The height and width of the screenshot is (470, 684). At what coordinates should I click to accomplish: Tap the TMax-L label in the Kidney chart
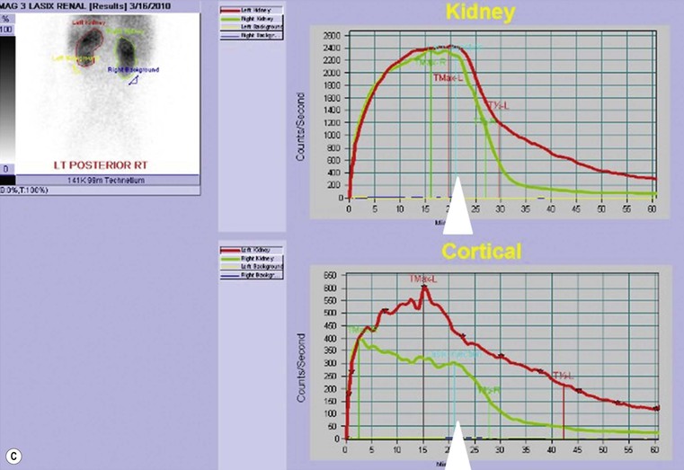448,77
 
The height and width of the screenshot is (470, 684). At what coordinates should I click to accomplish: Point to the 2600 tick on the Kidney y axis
332,35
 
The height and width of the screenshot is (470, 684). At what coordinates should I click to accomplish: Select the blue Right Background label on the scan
133,69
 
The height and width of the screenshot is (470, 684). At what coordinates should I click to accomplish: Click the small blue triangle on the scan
133,81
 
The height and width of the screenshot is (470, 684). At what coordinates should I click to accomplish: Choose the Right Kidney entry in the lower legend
253,258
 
